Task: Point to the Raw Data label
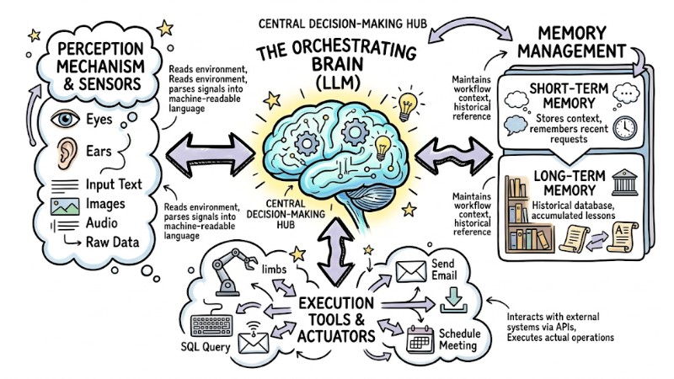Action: [111, 243]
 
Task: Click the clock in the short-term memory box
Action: [625, 128]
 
